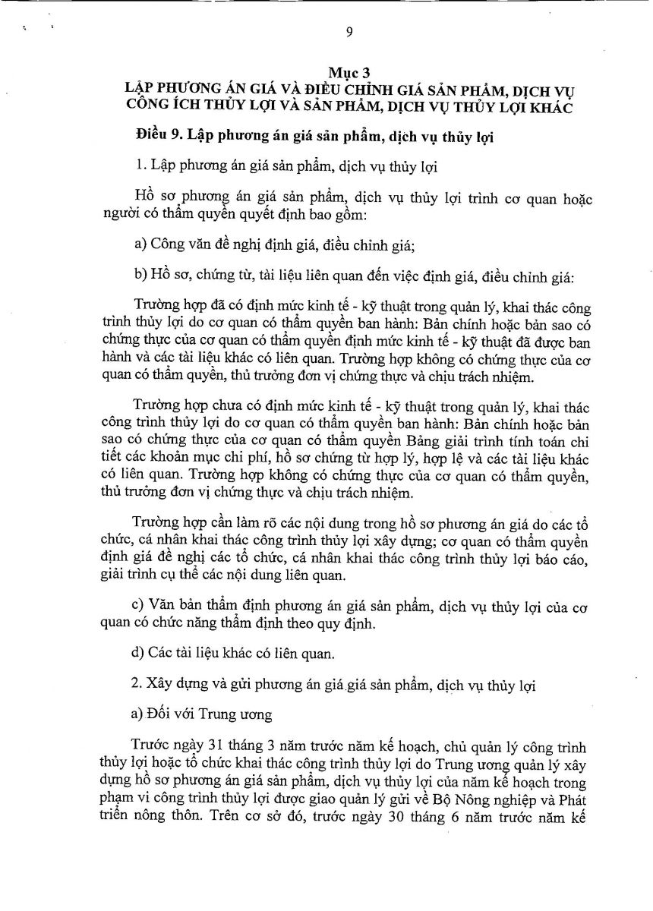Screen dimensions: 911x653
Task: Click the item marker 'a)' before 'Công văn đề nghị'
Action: tap(139, 245)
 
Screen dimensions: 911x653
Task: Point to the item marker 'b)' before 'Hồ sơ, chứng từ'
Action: tap(139, 277)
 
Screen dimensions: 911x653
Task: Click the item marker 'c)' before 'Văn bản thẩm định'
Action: tap(138, 606)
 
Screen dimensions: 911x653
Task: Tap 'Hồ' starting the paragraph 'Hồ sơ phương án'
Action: tap(141, 197)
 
